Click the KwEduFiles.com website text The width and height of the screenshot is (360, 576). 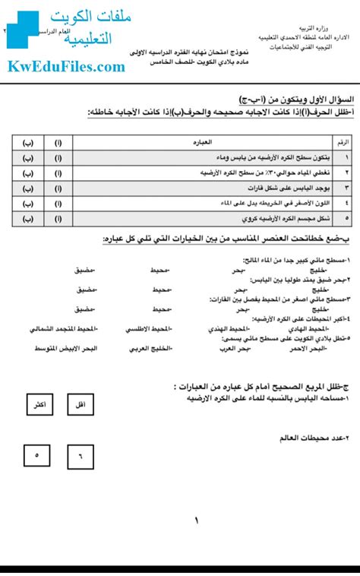(67, 68)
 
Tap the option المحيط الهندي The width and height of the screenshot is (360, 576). (228, 330)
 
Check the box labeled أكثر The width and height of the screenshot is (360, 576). (36, 406)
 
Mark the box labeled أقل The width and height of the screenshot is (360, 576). (80, 406)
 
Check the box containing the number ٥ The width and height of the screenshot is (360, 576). (36, 456)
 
